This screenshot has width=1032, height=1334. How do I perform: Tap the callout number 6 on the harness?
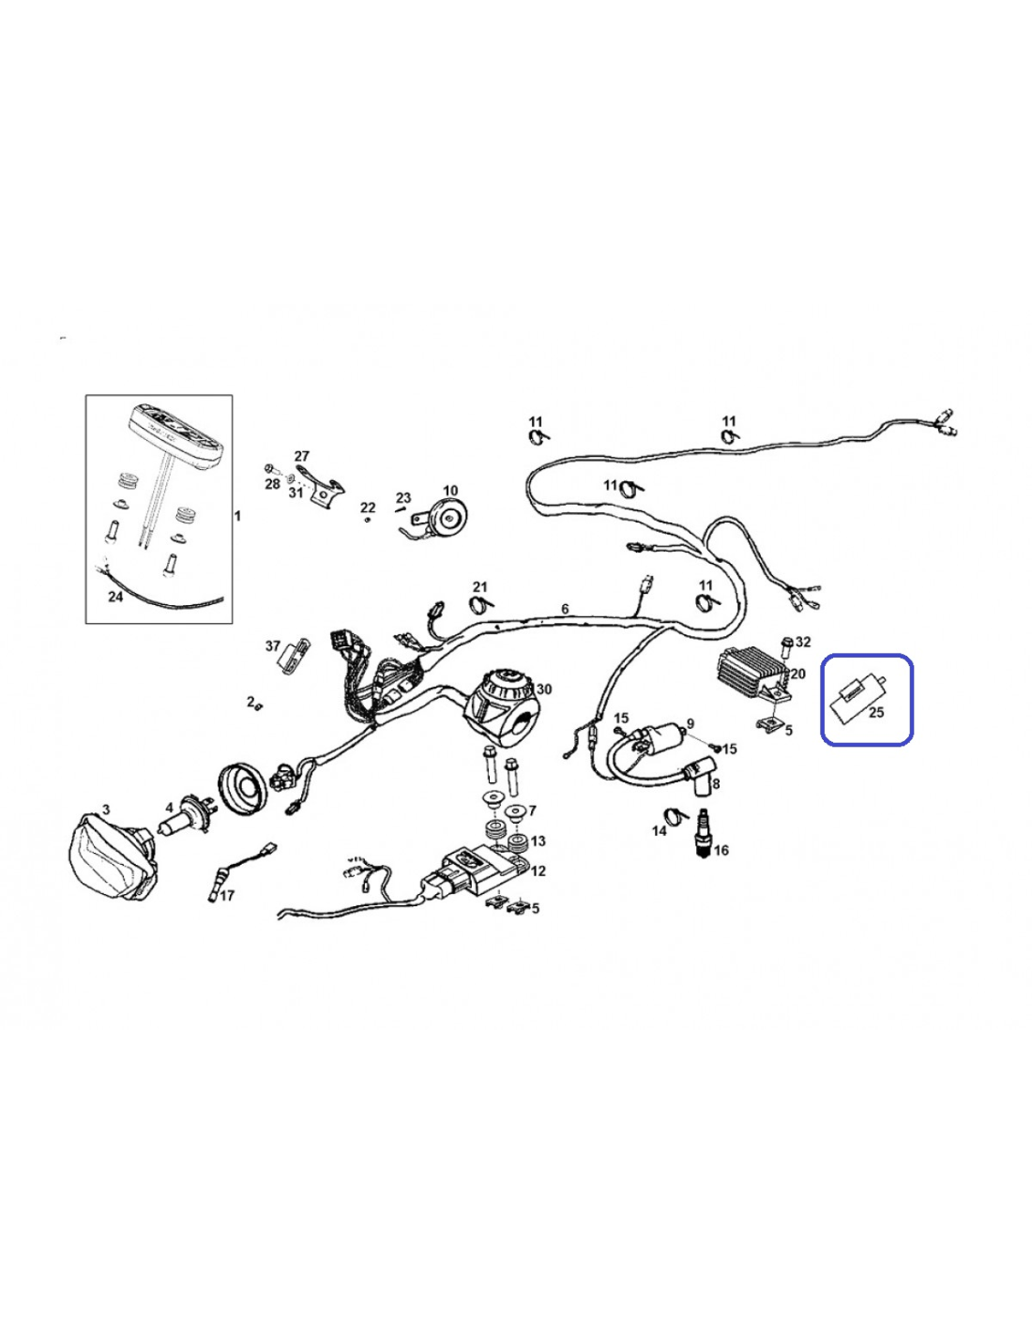click(x=565, y=609)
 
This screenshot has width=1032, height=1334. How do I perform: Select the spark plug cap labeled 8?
click(x=700, y=777)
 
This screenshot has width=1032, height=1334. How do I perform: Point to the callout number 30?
click(x=544, y=689)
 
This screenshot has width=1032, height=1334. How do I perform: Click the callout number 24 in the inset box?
click(x=115, y=596)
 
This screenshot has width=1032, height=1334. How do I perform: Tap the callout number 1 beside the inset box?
click(x=237, y=516)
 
